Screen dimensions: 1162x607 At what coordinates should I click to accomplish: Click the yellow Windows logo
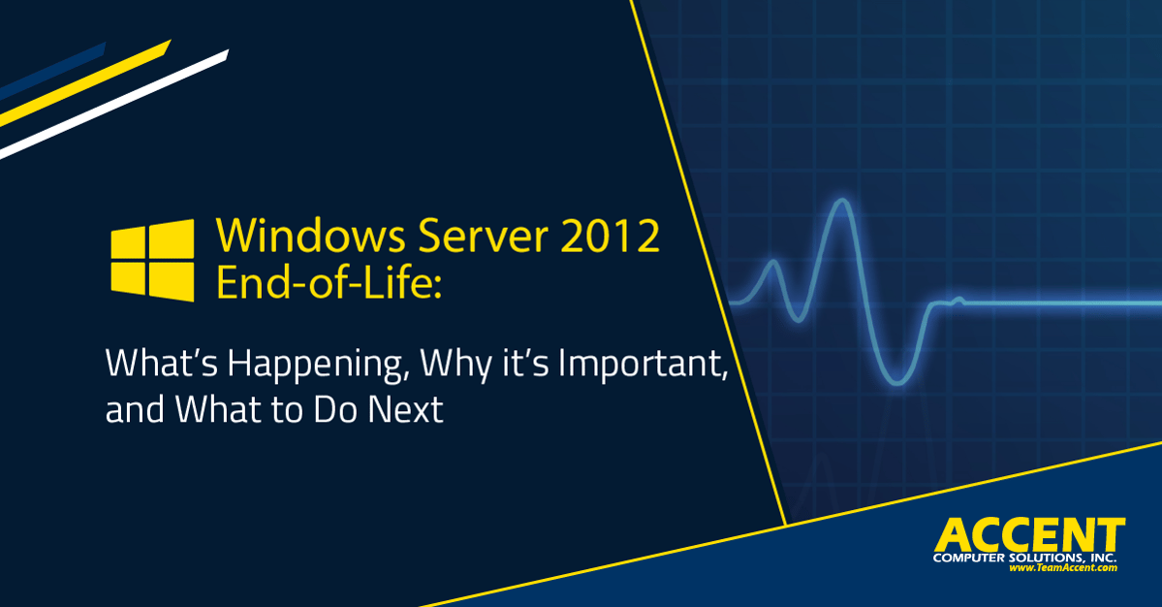click(x=153, y=260)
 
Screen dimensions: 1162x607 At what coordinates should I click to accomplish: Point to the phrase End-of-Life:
click(x=329, y=281)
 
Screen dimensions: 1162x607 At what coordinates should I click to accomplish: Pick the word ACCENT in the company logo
click(x=1029, y=535)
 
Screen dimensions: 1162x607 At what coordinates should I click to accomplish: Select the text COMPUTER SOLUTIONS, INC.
click(x=1025, y=558)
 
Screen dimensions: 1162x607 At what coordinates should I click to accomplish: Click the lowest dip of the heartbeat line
click(x=897, y=383)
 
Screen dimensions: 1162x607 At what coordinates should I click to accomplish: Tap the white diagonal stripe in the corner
click(x=114, y=104)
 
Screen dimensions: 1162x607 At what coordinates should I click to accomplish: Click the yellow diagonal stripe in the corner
click(x=85, y=83)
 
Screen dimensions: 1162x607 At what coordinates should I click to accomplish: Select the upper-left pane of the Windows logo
click(x=128, y=242)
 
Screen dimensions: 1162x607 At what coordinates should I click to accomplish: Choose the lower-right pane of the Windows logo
click(x=172, y=281)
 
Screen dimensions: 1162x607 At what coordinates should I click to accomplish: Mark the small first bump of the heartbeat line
click(x=773, y=262)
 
